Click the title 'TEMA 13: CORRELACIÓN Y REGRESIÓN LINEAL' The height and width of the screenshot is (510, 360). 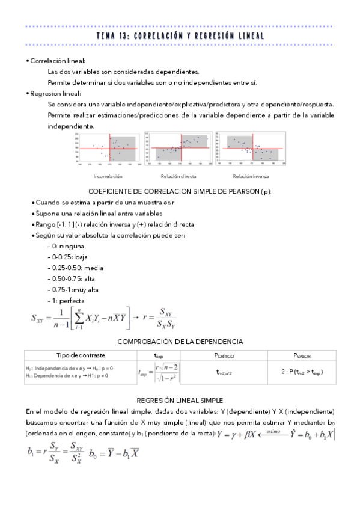point(180,37)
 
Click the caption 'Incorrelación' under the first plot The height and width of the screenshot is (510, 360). point(108,176)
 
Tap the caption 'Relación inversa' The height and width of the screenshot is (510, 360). point(251,176)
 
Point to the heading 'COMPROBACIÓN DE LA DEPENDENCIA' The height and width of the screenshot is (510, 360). point(180,342)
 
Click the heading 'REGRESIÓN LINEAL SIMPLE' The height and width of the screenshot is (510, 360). point(180,399)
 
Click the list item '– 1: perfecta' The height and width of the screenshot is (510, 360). point(66,300)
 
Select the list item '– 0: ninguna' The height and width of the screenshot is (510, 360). point(66,246)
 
